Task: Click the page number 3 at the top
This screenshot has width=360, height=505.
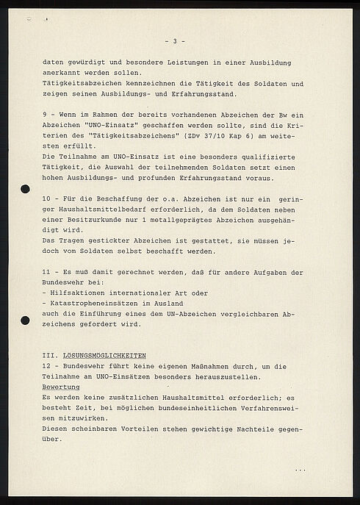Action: point(174,41)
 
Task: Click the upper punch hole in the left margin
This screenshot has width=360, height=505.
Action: point(25,190)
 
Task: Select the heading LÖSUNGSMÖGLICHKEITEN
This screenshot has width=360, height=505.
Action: point(96,355)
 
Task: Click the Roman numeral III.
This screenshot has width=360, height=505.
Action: point(48,355)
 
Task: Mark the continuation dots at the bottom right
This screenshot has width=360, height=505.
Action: point(300,468)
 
